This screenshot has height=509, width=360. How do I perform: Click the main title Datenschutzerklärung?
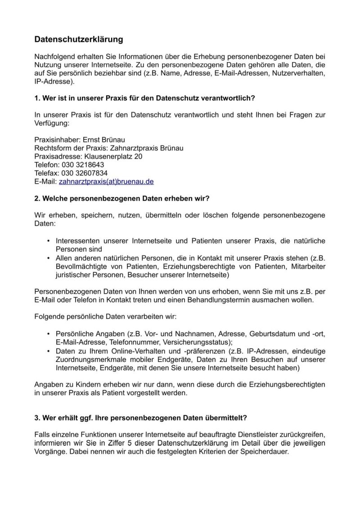pos(79,40)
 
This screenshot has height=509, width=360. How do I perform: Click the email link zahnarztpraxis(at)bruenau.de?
pos(106,182)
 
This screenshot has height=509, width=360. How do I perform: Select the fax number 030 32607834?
pos(85,173)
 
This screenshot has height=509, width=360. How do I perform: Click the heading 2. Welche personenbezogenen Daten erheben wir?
pos(122,198)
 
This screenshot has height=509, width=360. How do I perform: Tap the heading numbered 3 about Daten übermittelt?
pos(141,418)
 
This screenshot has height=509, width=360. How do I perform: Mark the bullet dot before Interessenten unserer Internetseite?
pos(48,241)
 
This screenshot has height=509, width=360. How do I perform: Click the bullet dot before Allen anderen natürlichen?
pos(48,258)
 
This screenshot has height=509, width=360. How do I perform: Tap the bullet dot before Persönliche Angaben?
pos(48,334)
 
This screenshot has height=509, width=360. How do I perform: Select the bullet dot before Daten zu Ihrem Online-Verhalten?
pos(48,351)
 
